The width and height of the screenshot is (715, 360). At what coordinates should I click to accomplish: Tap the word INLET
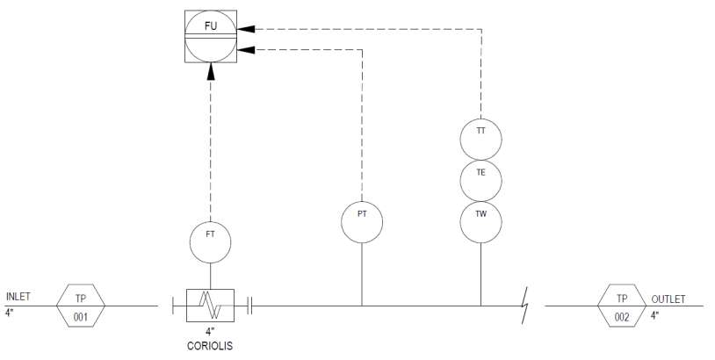tap(18, 297)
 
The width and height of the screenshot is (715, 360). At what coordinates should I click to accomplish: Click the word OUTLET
tap(668, 299)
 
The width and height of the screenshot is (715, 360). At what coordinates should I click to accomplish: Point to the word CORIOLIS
tap(210, 346)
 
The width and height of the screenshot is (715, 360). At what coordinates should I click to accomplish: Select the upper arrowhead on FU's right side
tap(246, 29)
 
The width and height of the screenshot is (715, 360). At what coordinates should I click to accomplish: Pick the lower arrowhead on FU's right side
tap(246, 50)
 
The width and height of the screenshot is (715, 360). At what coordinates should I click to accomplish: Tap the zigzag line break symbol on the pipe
tap(525, 306)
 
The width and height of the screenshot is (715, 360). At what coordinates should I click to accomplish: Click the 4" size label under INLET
tap(9, 313)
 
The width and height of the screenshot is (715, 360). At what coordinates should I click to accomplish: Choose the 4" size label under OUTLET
tap(654, 315)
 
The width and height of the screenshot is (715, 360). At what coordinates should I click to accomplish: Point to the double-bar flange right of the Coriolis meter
tap(249, 306)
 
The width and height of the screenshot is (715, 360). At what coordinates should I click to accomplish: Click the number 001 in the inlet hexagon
tap(81, 317)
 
